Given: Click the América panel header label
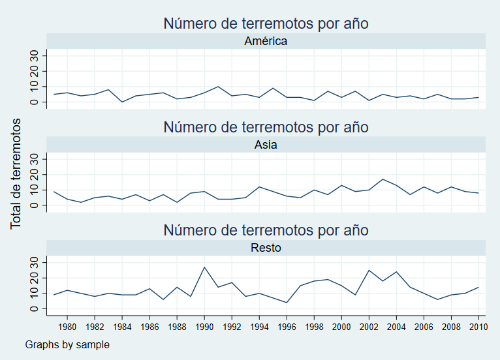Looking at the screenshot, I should click(x=266, y=41).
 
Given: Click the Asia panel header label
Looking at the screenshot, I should click(x=266, y=145).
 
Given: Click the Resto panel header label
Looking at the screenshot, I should click(x=266, y=248).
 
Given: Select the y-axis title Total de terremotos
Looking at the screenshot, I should click(x=16, y=173).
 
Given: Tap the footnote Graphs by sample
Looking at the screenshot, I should click(x=67, y=344).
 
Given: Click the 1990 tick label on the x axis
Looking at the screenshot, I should click(x=204, y=327).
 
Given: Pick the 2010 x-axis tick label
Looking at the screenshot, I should click(x=478, y=327).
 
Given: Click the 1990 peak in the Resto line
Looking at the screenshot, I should click(x=204, y=267).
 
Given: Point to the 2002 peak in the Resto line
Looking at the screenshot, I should click(x=369, y=270).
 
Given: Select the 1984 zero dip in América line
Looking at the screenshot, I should click(x=122, y=102).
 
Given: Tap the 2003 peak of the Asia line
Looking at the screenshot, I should click(x=383, y=179).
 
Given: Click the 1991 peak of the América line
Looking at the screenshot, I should click(x=218, y=87).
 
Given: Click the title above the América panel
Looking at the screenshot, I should click(x=266, y=23).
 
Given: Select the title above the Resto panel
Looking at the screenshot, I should click(x=266, y=230).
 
